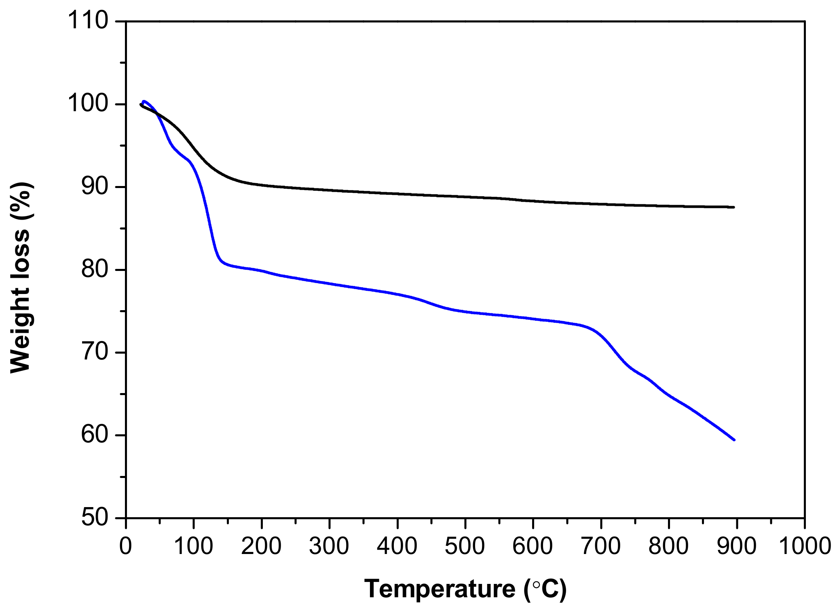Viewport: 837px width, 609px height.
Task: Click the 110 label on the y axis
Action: (x=88, y=21)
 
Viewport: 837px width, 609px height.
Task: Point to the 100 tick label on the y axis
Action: (x=88, y=104)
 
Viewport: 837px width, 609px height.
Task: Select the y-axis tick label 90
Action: (x=95, y=187)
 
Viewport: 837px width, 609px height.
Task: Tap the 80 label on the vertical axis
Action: (x=95, y=270)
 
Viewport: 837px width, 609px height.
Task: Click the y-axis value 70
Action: (x=95, y=353)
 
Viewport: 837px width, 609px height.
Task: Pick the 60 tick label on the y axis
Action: (x=95, y=435)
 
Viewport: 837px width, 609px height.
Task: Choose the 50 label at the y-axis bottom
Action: (x=95, y=518)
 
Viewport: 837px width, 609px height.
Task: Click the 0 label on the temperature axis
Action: (x=126, y=546)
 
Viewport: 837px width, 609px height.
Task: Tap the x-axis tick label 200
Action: (x=262, y=546)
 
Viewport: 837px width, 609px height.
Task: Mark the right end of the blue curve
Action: (x=734, y=440)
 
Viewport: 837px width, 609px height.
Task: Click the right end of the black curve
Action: (x=733, y=207)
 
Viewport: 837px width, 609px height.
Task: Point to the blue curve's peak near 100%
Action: (x=144, y=101)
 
